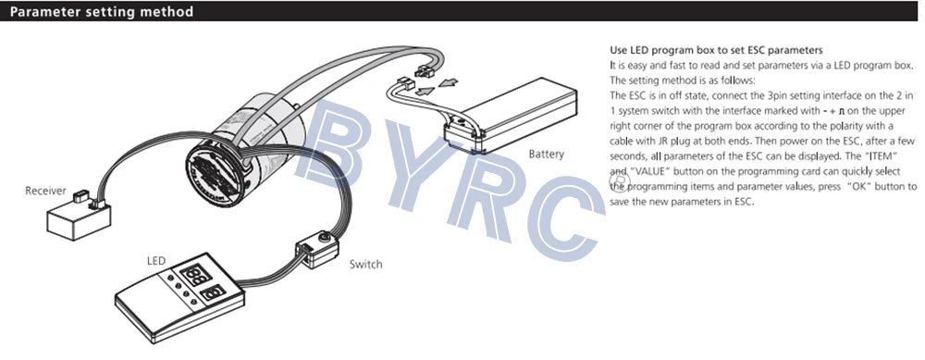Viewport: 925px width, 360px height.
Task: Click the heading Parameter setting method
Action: (102, 12)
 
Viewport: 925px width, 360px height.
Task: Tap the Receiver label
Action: (45, 191)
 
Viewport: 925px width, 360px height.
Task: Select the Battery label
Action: (546, 154)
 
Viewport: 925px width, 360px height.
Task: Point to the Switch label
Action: (366, 264)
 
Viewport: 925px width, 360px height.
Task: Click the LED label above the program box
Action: (156, 262)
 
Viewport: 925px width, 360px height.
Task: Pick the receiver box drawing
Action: (79, 219)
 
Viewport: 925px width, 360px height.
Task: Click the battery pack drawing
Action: (513, 112)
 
